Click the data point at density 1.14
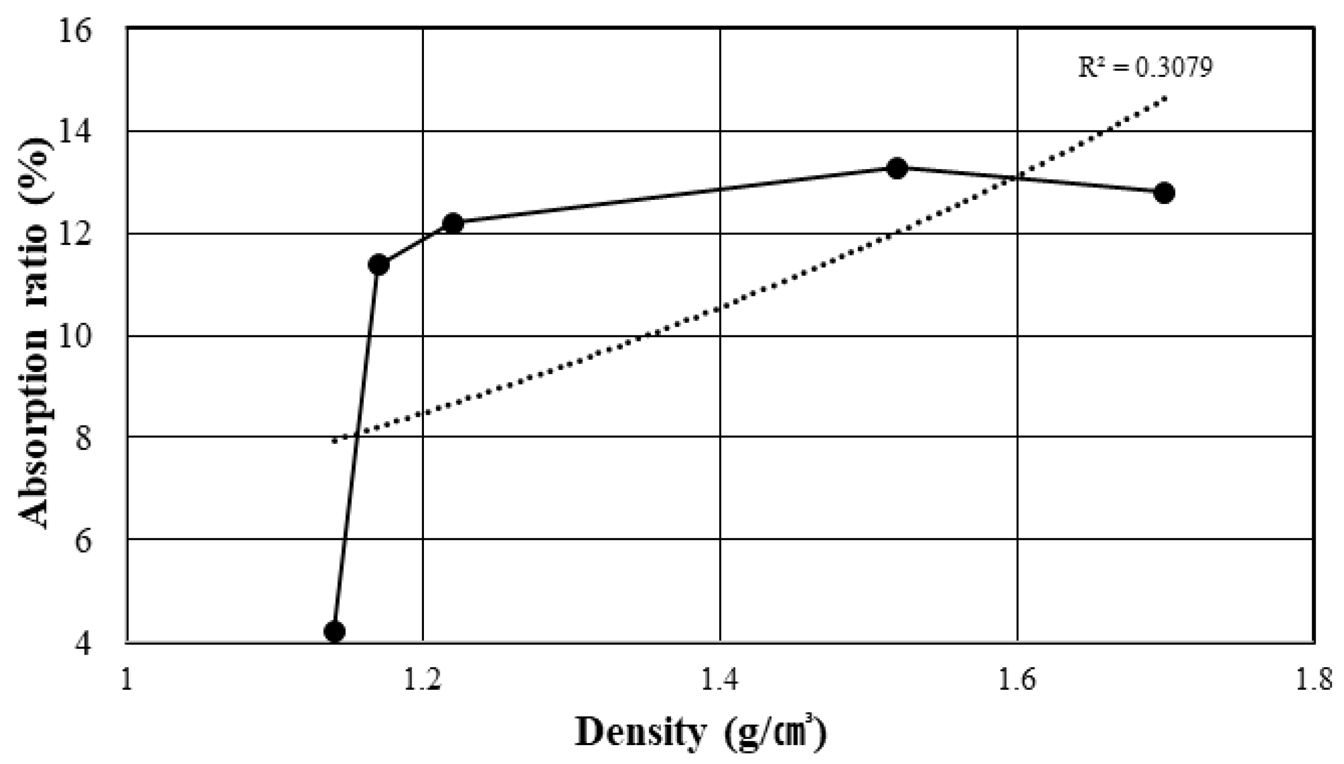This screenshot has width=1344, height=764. (x=334, y=631)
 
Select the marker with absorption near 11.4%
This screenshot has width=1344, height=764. (x=378, y=264)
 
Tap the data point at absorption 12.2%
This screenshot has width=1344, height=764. (x=453, y=223)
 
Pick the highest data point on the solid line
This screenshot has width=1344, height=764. (x=897, y=168)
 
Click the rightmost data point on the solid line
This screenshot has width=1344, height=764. (x=1164, y=193)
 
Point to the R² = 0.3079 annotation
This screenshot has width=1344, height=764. (x=1145, y=68)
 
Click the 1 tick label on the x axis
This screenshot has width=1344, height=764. (x=127, y=681)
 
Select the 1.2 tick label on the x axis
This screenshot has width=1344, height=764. (x=423, y=681)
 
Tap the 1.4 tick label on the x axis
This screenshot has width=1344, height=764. (x=720, y=681)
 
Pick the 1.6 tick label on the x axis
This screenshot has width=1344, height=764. (x=1017, y=681)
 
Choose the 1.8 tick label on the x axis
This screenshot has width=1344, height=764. (x=1314, y=681)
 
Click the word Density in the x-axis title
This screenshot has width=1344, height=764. (x=641, y=733)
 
